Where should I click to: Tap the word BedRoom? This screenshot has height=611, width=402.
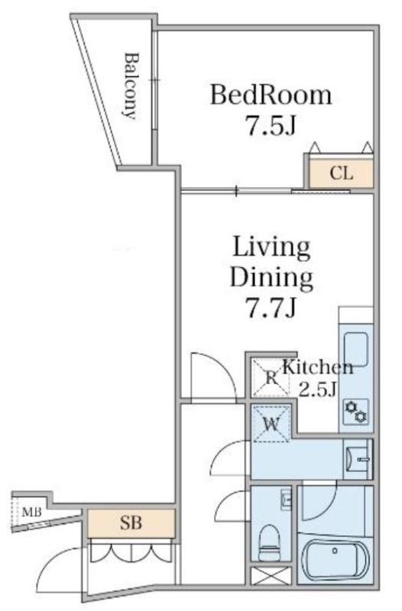271,95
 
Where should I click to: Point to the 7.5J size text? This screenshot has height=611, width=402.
271,125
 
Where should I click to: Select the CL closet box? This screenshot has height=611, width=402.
341,173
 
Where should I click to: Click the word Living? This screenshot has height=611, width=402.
272,247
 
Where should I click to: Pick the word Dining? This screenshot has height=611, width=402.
272,278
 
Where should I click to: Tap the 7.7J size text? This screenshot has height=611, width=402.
271,308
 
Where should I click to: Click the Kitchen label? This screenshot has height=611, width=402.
317,367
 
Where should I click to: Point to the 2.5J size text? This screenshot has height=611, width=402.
317,389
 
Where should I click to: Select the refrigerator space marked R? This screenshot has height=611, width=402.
271,377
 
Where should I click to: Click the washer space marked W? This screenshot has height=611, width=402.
272,424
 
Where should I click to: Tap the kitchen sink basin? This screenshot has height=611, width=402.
356,350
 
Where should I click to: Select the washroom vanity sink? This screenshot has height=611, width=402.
358,459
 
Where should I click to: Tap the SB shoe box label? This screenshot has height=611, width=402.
131,523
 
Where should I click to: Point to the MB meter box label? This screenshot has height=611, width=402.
31,512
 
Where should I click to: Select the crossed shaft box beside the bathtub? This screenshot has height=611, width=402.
271,576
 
